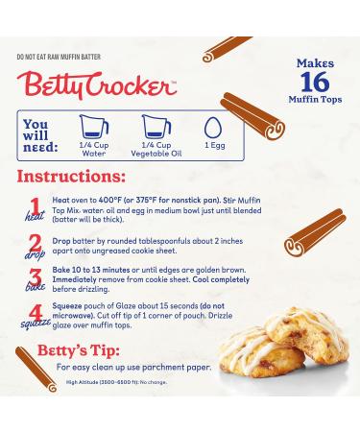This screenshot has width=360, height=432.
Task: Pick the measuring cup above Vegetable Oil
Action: coord(155,126)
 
